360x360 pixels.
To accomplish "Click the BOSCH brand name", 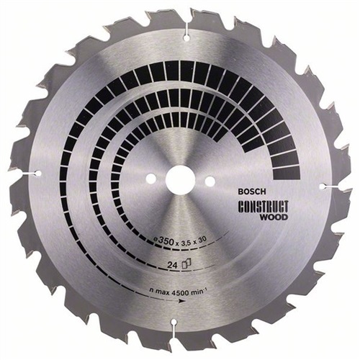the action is pyautogui.click(x=252, y=192).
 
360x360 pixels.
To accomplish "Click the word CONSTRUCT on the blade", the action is pyautogui.click(x=264, y=207).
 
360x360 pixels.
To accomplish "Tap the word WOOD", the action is pyautogui.click(x=274, y=217).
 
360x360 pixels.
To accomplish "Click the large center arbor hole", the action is pyautogui.click(x=180, y=179).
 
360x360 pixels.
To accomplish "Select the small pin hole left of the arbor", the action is pyautogui.click(x=150, y=179).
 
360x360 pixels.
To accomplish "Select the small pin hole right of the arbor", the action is pyautogui.click(x=210, y=181).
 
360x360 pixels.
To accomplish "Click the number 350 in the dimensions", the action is pyautogui.click(x=166, y=241).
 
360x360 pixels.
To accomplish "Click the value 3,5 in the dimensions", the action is pyautogui.click(x=186, y=240).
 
